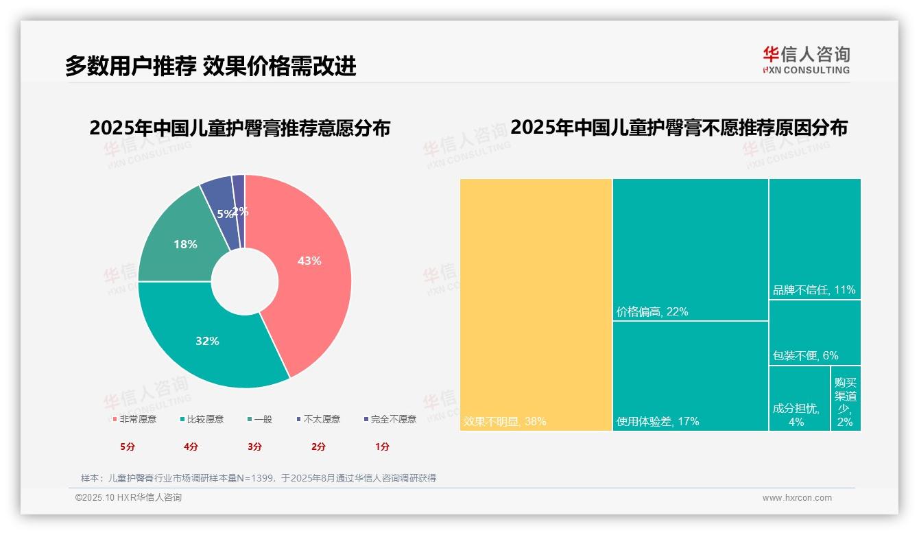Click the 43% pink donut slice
pos(309,267)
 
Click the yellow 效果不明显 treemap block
pos(535,302)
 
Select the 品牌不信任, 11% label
pos(814,290)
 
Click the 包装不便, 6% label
pos(805,356)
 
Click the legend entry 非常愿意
pos(134,419)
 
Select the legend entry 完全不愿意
pos(390,419)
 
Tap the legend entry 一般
pos(260,419)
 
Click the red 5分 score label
pos(128,447)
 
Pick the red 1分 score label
pos(382,447)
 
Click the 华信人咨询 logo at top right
pos(806,60)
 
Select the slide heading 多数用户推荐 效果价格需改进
pos(211,66)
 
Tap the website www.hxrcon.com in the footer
pos(797,498)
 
